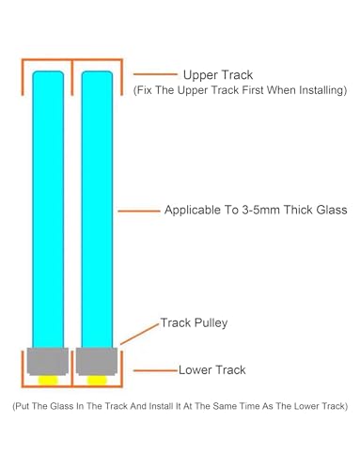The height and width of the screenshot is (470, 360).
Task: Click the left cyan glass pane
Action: point(48,210)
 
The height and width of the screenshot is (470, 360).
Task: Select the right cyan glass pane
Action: point(97,210)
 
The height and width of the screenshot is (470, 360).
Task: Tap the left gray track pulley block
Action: point(48,361)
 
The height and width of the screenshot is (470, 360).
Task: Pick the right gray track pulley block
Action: point(97,361)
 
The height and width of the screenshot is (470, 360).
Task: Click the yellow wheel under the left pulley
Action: point(48,380)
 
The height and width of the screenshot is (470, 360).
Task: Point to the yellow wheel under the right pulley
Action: point(97,380)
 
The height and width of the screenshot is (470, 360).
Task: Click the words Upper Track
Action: point(218,75)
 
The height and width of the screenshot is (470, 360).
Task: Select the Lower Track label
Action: point(212,370)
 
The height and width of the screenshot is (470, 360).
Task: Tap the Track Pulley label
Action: point(194,323)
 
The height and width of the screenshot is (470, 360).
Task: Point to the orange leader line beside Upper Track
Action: point(155,74)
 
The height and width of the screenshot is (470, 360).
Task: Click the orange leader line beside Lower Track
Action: point(155,370)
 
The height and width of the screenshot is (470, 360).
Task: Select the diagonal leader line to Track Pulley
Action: point(140,334)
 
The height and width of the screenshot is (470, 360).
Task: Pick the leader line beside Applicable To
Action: point(139,211)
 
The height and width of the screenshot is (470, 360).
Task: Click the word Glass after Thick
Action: point(332,210)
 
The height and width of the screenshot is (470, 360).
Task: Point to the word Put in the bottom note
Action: point(23,406)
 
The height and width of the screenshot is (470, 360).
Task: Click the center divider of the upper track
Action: point(72,77)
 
